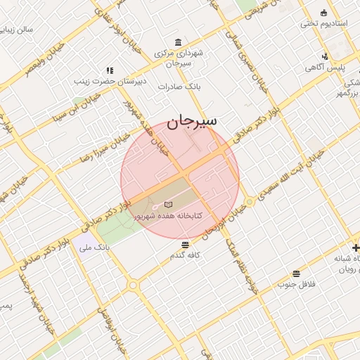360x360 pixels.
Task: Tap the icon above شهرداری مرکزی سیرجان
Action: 176,42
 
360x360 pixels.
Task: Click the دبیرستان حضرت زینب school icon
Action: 109,70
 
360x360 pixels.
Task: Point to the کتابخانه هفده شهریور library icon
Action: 167,203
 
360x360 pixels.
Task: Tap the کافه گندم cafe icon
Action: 185,245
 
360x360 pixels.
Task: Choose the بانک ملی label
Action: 93,247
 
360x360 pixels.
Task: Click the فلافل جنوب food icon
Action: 296,274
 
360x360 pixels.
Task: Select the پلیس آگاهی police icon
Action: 324,56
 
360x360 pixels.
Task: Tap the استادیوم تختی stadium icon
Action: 323,13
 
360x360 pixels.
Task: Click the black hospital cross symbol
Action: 356,247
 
